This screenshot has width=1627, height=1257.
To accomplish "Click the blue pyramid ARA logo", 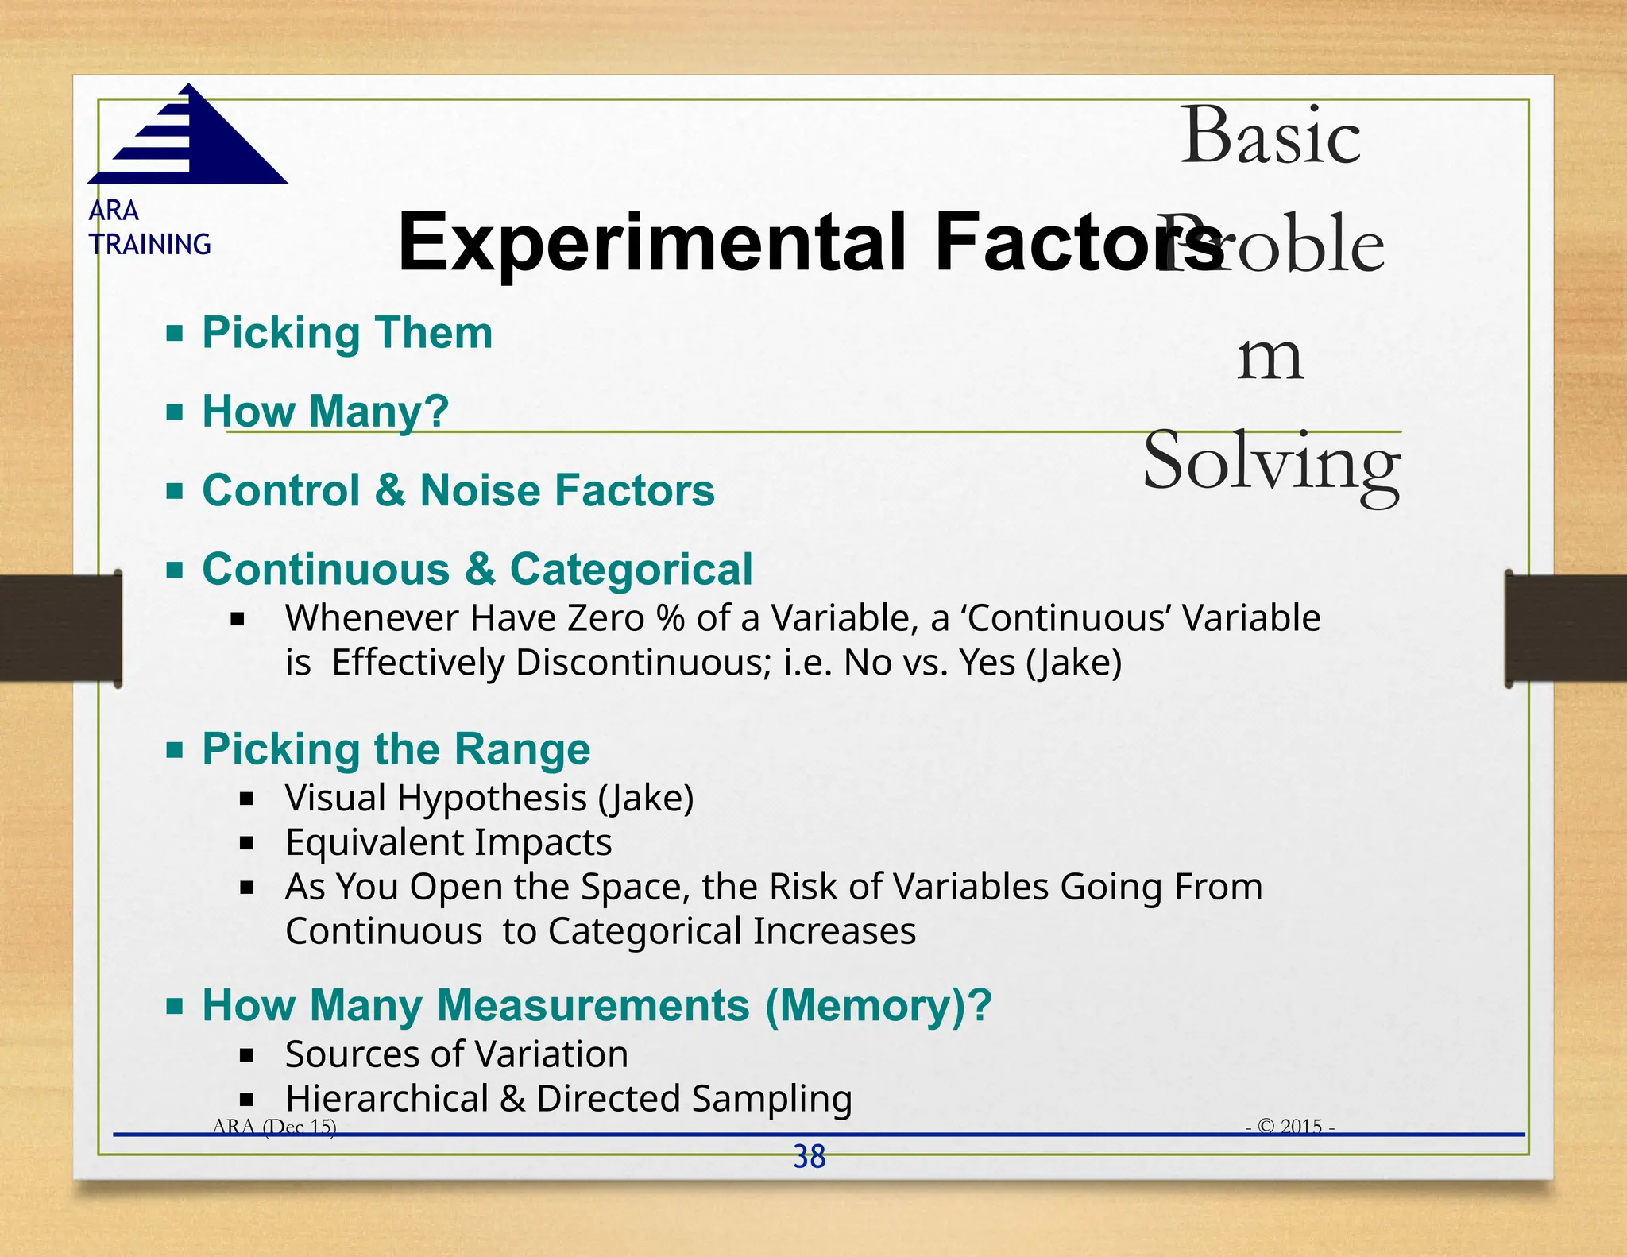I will click(x=191, y=137).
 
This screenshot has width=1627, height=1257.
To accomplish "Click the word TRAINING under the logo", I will click(x=150, y=245).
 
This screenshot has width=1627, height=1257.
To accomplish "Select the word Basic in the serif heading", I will click(x=1270, y=137).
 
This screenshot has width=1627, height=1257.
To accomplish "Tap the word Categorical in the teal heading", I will click(x=631, y=570).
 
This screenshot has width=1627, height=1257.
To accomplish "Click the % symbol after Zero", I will click(x=671, y=618).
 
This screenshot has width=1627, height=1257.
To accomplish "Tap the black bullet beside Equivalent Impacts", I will click(x=247, y=843).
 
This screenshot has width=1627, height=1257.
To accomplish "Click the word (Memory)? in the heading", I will click(x=879, y=1006).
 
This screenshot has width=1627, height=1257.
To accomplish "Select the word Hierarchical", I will click(x=387, y=1099).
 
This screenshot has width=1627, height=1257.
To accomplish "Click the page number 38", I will click(x=810, y=1157).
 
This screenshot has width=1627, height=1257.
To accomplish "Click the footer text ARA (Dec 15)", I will click(x=275, y=1126).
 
